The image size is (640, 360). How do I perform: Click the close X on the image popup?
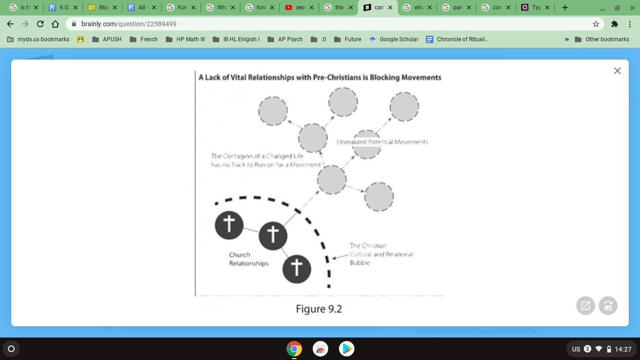617,71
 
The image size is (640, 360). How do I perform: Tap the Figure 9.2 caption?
319,309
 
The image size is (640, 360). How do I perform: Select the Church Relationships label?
248,259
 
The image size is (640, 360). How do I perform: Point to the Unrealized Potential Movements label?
382,142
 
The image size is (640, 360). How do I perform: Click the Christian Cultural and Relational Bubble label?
381,254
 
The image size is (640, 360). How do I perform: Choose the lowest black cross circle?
297,269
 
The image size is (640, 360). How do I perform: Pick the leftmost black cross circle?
229,225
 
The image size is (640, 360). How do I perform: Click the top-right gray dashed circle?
404,106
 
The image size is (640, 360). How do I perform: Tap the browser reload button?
40,24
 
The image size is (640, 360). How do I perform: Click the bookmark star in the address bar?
596,24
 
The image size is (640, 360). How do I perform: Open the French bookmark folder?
144,39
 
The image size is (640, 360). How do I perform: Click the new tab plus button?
565,7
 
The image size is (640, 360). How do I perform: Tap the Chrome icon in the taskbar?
294,349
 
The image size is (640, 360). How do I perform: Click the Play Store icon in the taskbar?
347,349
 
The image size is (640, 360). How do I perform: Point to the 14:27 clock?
623,349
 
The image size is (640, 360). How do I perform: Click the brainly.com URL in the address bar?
129,24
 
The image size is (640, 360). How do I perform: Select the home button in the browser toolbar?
55,24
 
